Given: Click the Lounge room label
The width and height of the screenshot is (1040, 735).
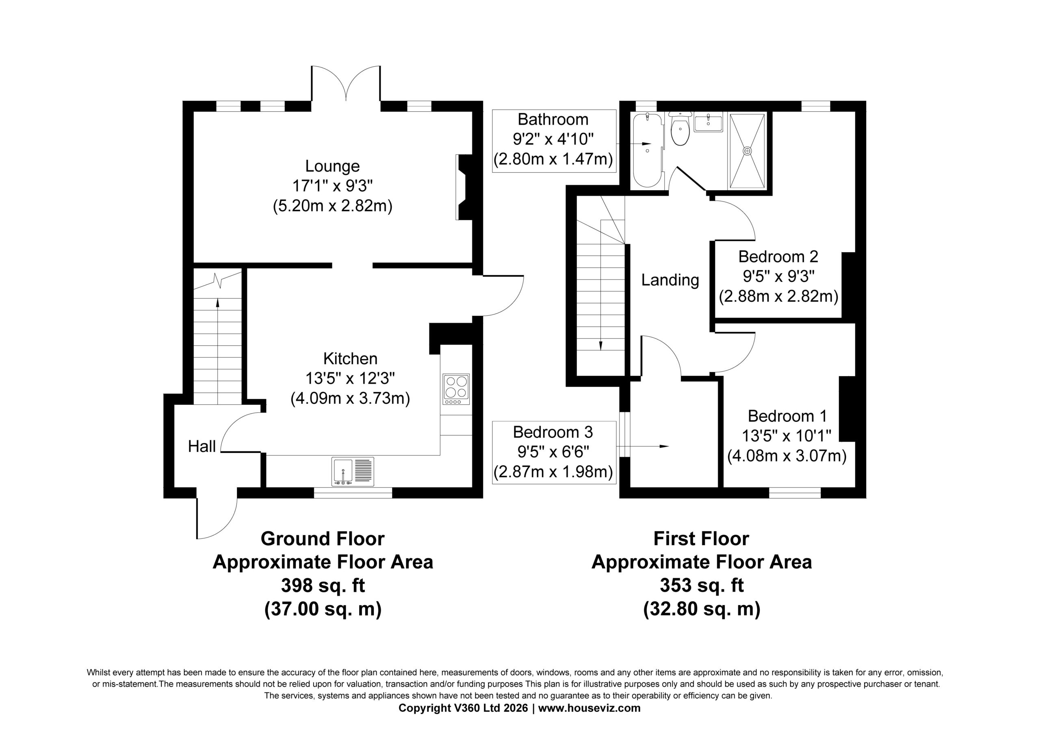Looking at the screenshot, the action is [x=332, y=166].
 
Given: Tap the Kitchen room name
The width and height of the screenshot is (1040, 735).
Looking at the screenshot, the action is [x=350, y=359].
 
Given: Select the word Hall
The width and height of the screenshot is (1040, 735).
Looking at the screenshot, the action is [x=201, y=447].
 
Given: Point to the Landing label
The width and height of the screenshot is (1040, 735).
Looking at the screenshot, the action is [x=670, y=280].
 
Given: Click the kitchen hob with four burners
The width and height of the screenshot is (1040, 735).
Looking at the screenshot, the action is [x=457, y=389].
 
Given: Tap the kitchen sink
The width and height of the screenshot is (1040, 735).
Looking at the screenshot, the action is [x=353, y=472].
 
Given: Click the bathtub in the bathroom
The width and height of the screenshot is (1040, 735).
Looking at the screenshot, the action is [x=647, y=150].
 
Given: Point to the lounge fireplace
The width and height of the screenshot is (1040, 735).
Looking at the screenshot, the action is [x=464, y=187].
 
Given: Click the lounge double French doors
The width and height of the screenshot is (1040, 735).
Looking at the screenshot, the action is [x=346, y=84].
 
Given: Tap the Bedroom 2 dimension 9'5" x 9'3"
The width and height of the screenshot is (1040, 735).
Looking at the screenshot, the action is [x=778, y=276].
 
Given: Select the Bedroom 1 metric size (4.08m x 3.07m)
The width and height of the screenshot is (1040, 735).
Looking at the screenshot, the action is [x=787, y=456].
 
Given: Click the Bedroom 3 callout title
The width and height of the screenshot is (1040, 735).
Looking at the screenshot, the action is [x=552, y=432].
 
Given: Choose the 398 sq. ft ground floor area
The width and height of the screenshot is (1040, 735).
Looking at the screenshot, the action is [x=323, y=585].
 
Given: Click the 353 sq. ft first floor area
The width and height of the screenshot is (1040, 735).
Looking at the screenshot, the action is [x=702, y=585].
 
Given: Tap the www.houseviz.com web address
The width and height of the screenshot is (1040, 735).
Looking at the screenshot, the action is [x=589, y=708].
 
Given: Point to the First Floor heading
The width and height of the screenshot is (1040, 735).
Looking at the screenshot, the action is [x=701, y=539].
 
